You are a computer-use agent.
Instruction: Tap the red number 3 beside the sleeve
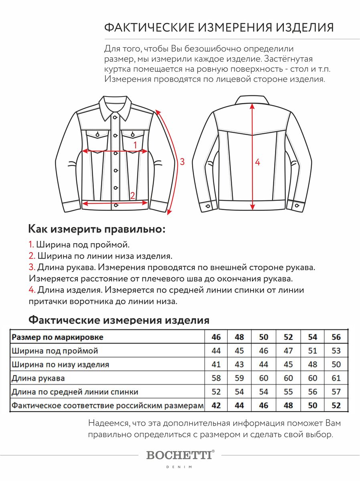pos(182,162)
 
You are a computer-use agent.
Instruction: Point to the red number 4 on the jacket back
pos(257,162)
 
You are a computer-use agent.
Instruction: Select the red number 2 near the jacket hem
pos(132,196)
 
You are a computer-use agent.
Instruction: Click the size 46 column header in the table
pos(216,337)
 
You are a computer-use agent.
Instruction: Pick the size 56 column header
pos(336,337)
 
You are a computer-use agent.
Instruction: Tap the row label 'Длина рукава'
pos(38,378)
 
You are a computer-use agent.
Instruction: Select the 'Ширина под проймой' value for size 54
pos(312,351)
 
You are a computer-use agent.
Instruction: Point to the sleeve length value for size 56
pos(336,378)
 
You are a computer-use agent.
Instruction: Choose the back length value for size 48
pos(239,392)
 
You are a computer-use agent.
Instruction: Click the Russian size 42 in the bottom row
pos(216,405)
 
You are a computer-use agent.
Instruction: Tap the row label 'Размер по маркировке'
pos(57,337)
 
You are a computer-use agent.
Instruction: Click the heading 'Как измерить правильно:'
pos(97,229)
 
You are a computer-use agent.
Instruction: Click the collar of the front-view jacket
pos(116,106)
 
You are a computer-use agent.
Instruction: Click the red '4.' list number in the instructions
pos(32,290)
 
